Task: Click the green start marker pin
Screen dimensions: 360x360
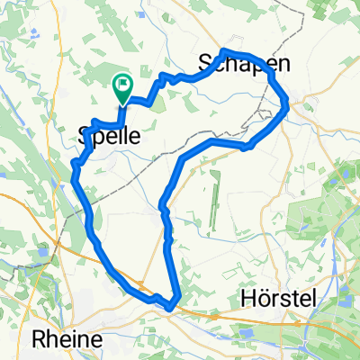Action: pyautogui.click(x=121, y=87)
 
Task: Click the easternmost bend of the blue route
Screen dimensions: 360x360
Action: pyautogui.click(x=287, y=108)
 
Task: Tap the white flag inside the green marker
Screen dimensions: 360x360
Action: pyautogui.click(x=121, y=85)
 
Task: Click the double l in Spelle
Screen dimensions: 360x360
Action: pyautogui.click(x=122, y=138)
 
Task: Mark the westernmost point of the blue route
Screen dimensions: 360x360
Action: pyautogui.click(x=72, y=163)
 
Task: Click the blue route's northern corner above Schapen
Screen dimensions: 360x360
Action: pyautogui.click(x=223, y=52)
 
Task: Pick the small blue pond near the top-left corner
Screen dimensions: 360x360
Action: pyautogui.click(x=33, y=33)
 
